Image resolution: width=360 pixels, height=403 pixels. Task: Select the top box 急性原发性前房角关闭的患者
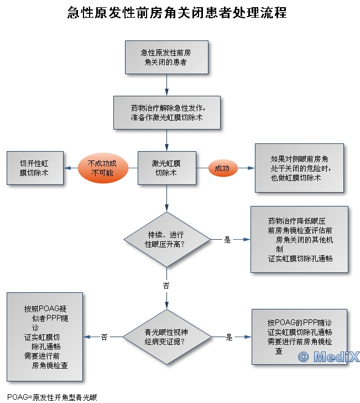pyautogui.click(x=166, y=58)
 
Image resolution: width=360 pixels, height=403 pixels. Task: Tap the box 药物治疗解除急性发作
pyautogui.click(x=167, y=113)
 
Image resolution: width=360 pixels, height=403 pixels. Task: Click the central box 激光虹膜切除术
pyautogui.click(x=166, y=168)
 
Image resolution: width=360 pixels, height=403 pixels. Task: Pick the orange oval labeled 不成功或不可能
pyautogui.click(x=102, y=168)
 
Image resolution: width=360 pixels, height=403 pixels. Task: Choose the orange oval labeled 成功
pyautogui.click(x=222, y=168)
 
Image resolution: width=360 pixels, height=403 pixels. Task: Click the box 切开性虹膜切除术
pyautogui.click(x=34, y=168)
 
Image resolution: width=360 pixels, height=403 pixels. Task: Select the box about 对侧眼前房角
pyautogui.click(x=299, y=168)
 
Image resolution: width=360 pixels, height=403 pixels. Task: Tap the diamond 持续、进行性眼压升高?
pyautogui.click(x=166, y=240)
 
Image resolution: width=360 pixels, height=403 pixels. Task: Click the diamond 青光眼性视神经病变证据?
pyautogui.click(x=166, y=337)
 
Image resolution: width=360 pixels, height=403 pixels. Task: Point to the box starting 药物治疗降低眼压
pyautogui.click(x=299, y=239)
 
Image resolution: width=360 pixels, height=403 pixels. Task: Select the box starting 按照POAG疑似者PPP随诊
pyautogui.click(x=45, y=337)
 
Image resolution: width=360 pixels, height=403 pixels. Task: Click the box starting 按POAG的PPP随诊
pyautogui.click(x=299, y=337)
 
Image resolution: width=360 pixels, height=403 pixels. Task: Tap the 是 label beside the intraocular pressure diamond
pyautogui.click(x=227, y=240)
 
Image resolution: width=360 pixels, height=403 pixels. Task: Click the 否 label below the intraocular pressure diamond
pyautogui.click(x=166, y=286)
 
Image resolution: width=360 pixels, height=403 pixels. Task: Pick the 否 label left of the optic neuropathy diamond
pyautogui.click(x=104, y=337)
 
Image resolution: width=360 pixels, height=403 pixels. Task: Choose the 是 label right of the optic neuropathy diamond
pyautogui.click(x=229, y=337)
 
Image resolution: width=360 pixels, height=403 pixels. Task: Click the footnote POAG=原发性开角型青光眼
pyautogui.click(x=49, y=397)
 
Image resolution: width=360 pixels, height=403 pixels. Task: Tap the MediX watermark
pyautogui.click(x=328, y=357)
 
